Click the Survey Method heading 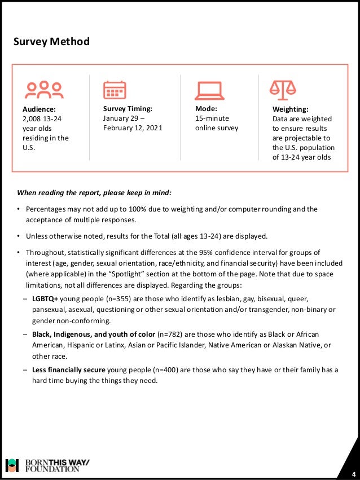(x=52, y=42)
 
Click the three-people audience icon (x=45, y=89)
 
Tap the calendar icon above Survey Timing (x=115, y=90)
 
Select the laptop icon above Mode (x=209, y=90)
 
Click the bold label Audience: (x=39, y=109)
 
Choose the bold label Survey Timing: (x=128, y=108)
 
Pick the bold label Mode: (x=206, y=108)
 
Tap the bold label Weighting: (x=291, y=109)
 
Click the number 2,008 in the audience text (x=33, y=118)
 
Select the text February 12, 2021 (x=133, y=127)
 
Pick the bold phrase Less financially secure (x=68, y=370)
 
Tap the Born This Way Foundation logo (x=47, y=465)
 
